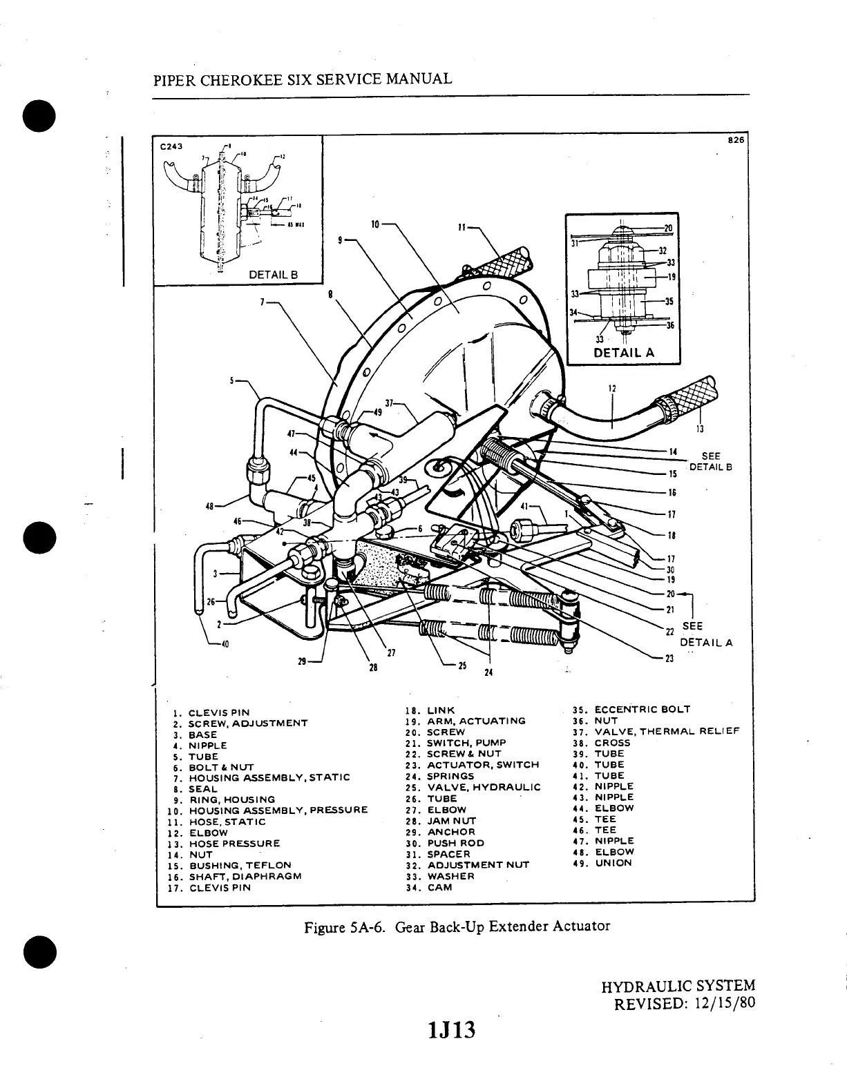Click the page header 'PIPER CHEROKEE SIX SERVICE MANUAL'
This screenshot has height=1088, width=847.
[x=302, y=79]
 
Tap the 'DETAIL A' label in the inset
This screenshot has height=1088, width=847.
[x=624, y=353]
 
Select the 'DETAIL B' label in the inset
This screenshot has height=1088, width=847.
[x=272, y=274]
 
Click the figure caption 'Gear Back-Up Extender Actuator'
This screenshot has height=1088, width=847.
[x=458, y=926]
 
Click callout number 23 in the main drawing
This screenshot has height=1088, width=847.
[x=669, y=659]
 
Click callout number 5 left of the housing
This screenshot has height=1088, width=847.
[x=233, y=380]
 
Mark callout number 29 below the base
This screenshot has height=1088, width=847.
[x=302, y=661]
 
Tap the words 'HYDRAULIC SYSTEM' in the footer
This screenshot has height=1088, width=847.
[x=678, y=987]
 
